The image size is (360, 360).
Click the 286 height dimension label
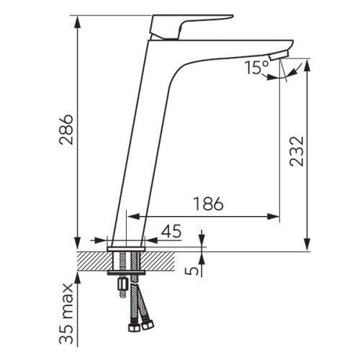[x=66, y=130]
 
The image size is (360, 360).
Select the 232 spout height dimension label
[x=297, y=151]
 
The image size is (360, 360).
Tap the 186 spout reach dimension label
[x=208, y=204]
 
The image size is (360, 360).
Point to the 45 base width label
[x=171, y=231]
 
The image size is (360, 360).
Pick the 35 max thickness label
[x=66, y=314]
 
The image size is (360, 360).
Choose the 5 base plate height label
[x=192, y=271]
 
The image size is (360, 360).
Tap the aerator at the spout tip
[x=279, y=55]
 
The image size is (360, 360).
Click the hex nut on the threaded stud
[x=122, y=284]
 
